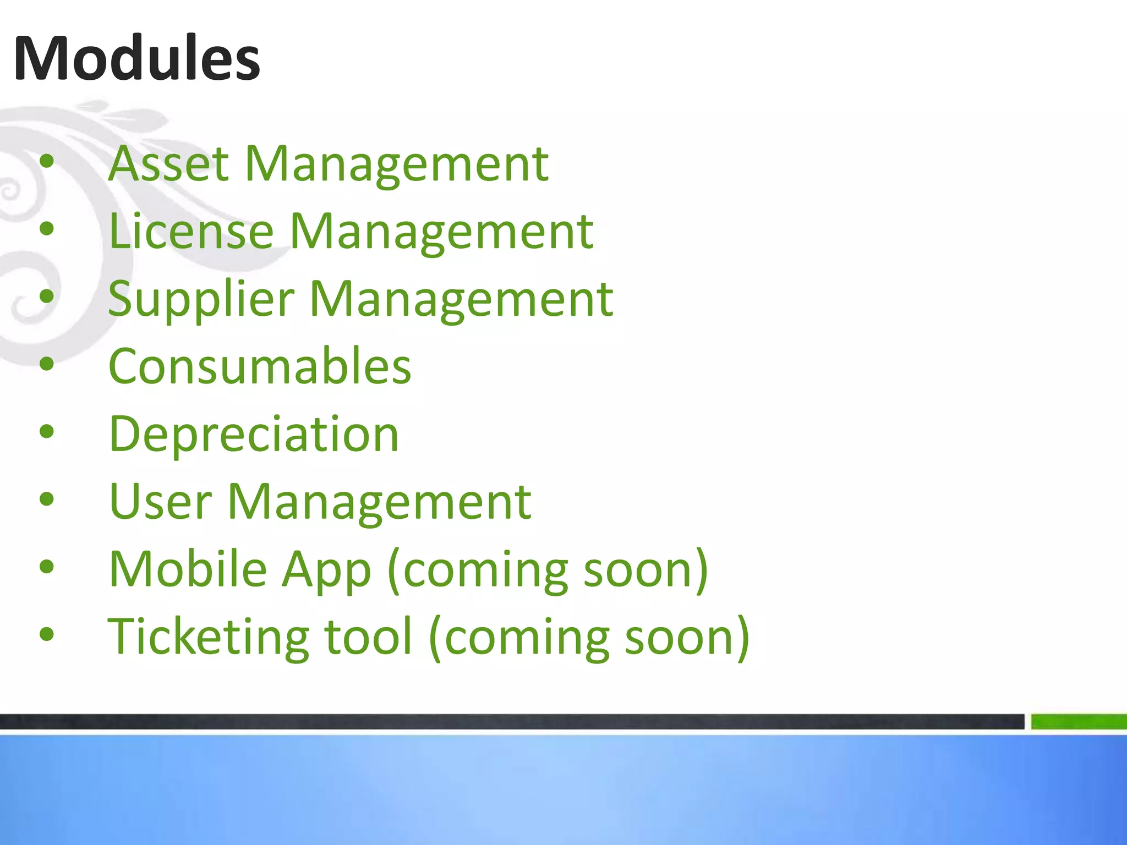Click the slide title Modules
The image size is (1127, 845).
point(136,58)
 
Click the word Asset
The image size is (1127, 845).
point(168,163)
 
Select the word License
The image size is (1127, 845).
point(191,231)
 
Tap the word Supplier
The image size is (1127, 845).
point(201,299)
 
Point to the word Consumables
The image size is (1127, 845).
point(260,366)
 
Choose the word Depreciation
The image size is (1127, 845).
point(254,434)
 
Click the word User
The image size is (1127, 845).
point(160,501)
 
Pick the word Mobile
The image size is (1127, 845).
point(188,569)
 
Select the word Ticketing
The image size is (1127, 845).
point(208,637)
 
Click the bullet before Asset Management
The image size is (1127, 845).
point(47,162)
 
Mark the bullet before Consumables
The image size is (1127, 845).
point(47,364)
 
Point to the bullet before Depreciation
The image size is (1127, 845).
point(47,432)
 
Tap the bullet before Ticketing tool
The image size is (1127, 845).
point(47,634)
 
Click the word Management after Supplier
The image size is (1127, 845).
point(461,299)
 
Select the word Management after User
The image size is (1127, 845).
point(379,501)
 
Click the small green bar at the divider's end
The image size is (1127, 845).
point(1079,721)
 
